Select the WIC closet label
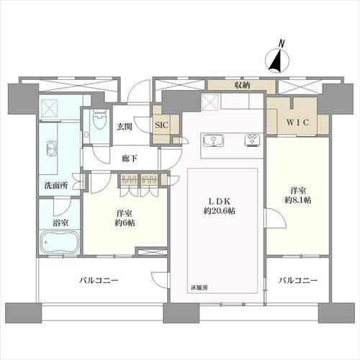[298, 122]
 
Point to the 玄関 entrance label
[124, 127]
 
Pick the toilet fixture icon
[97, 124]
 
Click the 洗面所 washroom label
[53, 185]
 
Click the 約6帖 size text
[124, 222]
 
